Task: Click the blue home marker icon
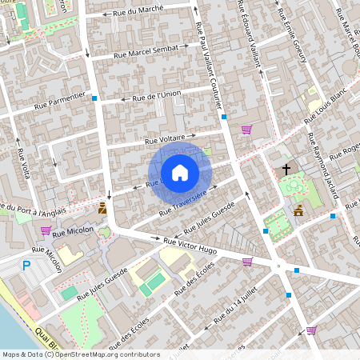coord(180,172)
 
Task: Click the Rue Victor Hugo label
coord(190,244)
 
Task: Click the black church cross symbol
coord(286,170)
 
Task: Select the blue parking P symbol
coord(26,266)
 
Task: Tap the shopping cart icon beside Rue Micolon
coord(46,231)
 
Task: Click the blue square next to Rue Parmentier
coord(95,98)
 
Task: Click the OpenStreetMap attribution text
coord(81,354)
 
